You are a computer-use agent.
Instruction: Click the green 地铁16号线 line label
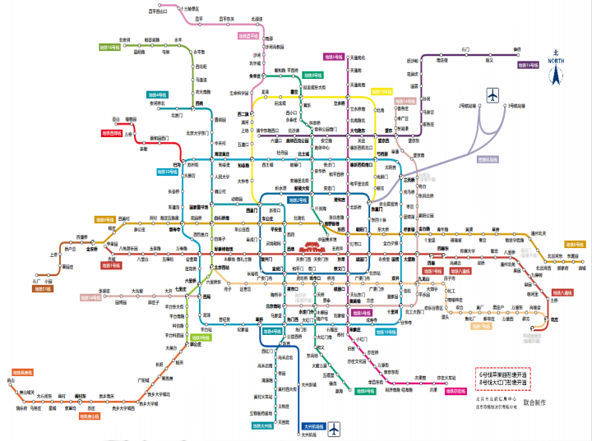[x=109, y=48]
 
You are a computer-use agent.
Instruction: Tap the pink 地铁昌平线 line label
[x=248, y=36]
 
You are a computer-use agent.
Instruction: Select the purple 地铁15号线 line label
[x=528, y=64]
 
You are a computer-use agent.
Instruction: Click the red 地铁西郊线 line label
[x=111, y=132]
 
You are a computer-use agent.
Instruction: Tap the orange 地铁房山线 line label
[x=89, y=416]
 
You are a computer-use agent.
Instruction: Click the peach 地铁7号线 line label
[x=479, y=326]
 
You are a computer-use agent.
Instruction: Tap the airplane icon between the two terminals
[x=493, y=95]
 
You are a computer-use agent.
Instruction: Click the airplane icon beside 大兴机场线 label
[x=333, y=428]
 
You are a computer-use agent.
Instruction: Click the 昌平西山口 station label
[x=157, y=11]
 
